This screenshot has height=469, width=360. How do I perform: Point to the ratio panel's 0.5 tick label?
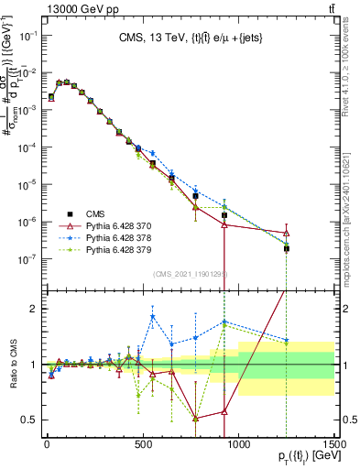click(27, 420)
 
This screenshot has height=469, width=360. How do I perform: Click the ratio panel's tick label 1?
click(31, 365)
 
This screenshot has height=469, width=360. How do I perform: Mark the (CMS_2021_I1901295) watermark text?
click(190, 274)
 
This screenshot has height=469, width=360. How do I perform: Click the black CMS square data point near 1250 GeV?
click(287, 248)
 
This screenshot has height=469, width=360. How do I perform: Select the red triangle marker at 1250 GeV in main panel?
click(287, 232)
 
